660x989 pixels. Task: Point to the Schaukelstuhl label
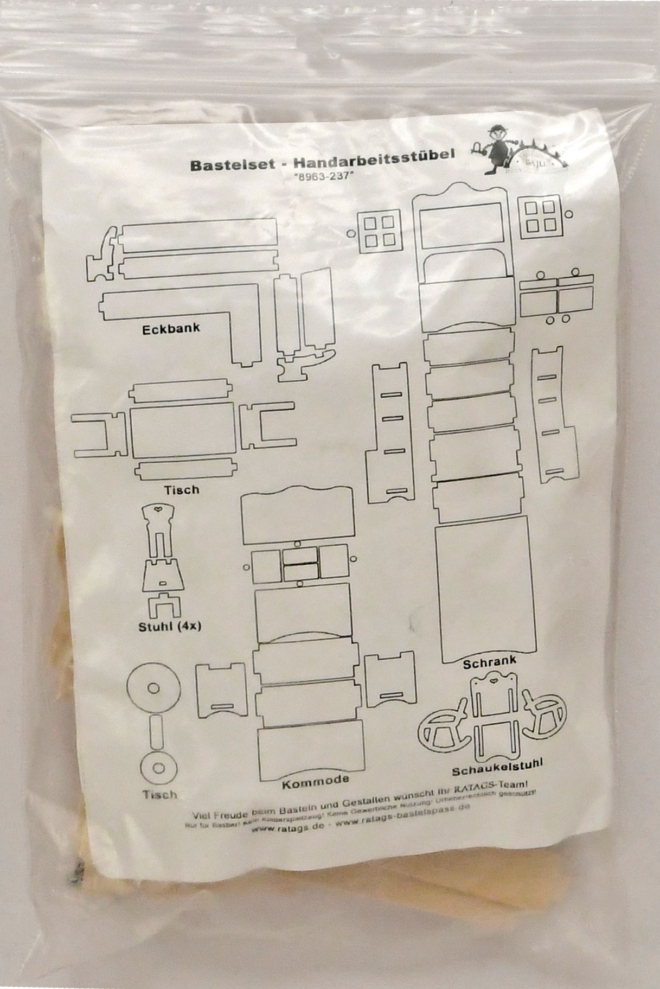point(498,767)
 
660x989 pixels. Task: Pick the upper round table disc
point(153,687)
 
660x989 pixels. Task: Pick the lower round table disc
point(158,768)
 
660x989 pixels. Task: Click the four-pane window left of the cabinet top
point(379,231)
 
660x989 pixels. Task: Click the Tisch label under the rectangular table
point(182,490)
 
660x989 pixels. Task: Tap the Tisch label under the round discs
point(159,795)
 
